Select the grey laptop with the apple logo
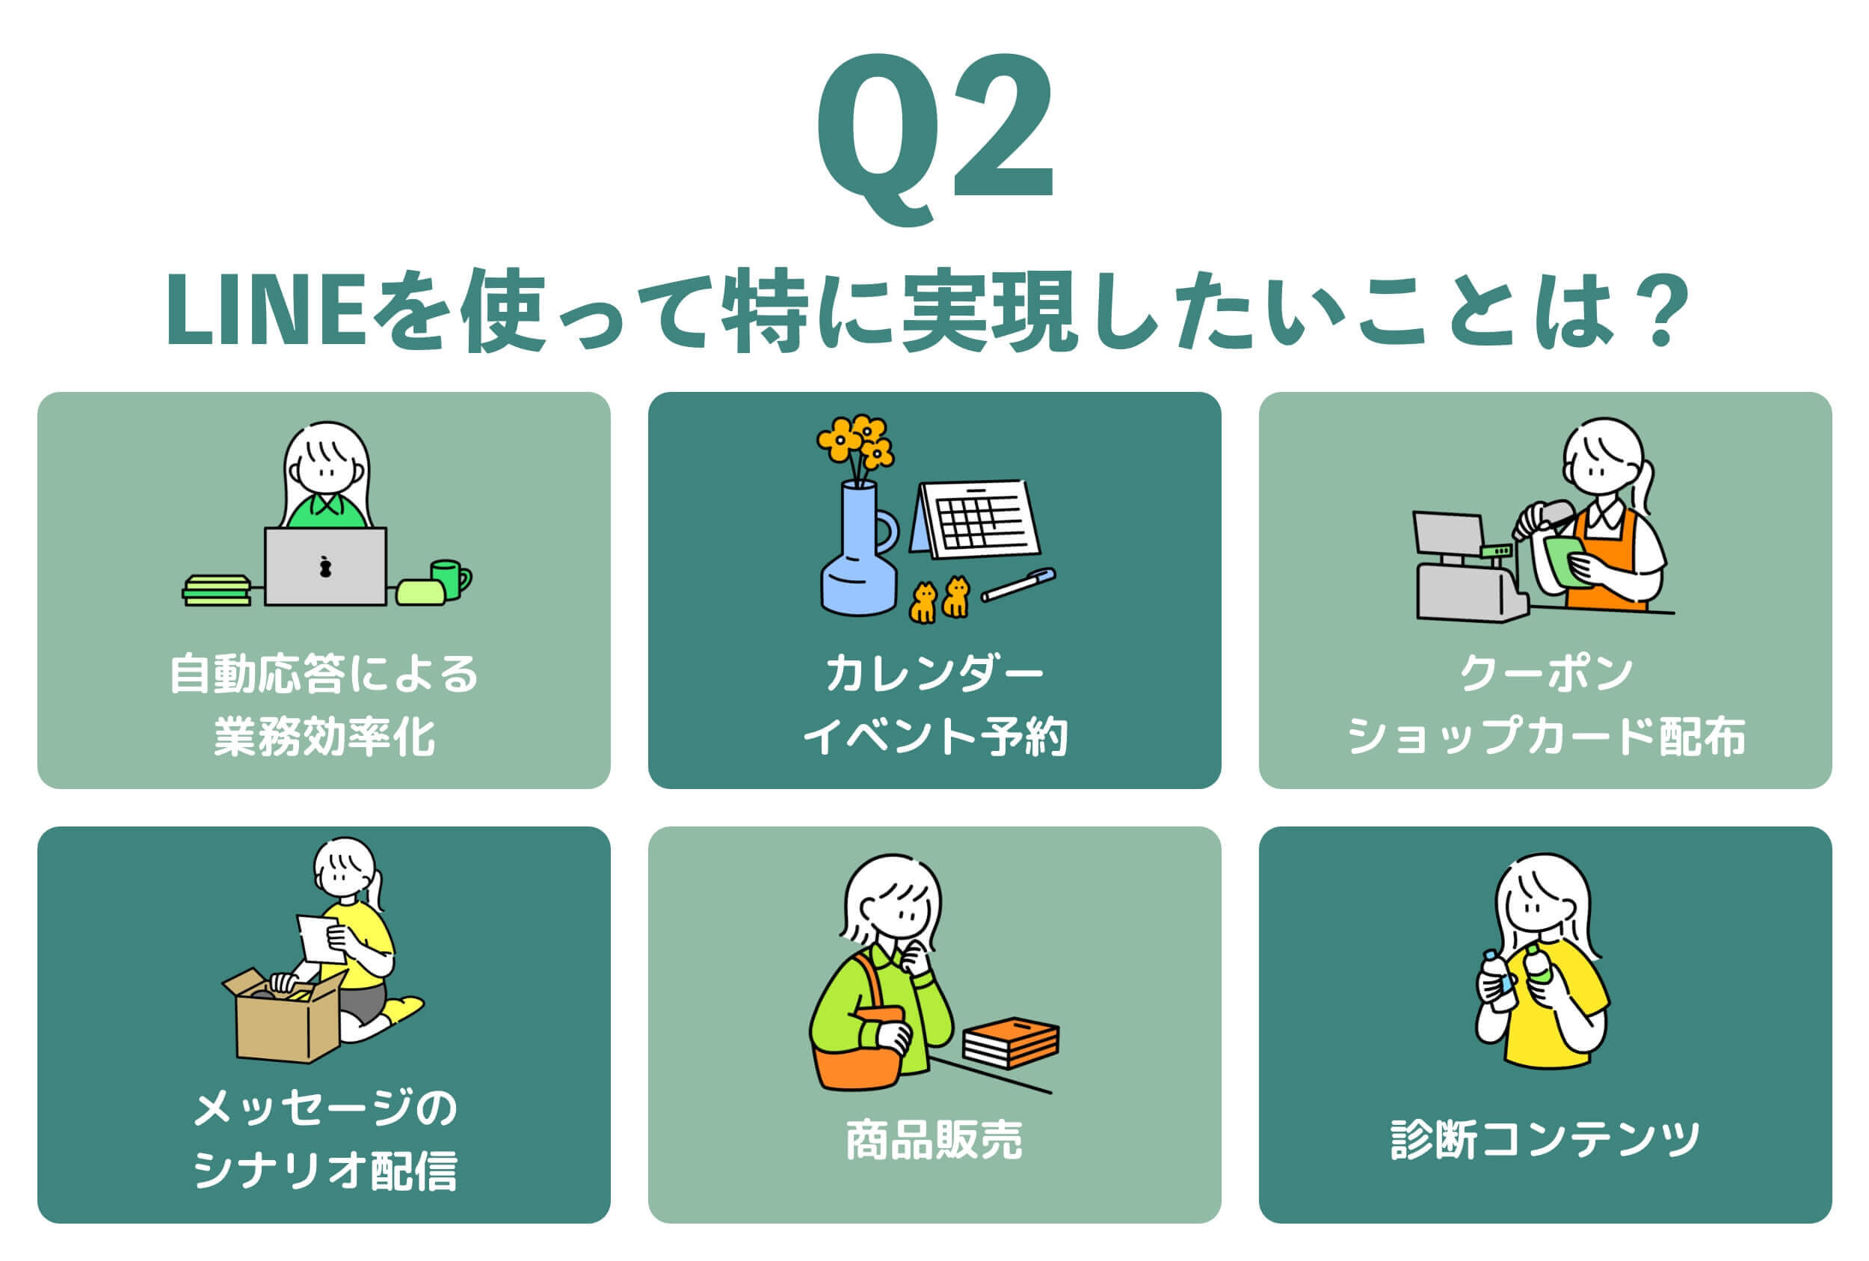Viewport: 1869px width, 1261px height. pos(324,566)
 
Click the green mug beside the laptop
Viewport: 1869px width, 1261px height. pos(450,579)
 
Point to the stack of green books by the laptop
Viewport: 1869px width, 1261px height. pos(216,590)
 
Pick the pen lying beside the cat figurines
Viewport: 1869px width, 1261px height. pos(1017,585)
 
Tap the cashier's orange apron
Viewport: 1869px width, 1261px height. pos(1604,558)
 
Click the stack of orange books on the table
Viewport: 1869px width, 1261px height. pos(1011,1043)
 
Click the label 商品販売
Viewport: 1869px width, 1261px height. pos(934,1140)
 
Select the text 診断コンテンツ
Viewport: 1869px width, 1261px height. pos(1545,1140)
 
